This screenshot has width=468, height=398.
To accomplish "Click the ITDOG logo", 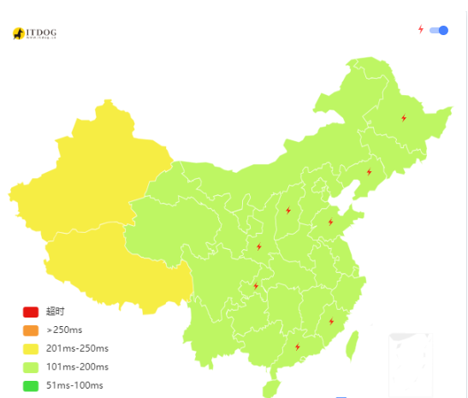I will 35,33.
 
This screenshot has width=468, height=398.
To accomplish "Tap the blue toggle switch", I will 439,30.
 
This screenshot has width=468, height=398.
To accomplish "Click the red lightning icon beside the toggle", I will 420,29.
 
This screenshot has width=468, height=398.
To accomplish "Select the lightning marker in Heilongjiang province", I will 403,118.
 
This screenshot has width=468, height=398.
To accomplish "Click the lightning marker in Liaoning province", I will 369,172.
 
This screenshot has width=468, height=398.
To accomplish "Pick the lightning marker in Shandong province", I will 330,223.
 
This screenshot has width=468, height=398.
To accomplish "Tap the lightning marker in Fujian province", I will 331,322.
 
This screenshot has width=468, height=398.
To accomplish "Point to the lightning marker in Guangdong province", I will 297,347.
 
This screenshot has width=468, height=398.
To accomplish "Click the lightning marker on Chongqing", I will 255,286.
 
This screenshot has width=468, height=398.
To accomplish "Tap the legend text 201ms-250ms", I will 77,348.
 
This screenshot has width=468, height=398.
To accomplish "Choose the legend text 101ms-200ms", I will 77,367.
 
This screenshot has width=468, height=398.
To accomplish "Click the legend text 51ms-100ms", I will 74,385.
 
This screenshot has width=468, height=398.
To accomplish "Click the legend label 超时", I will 55,312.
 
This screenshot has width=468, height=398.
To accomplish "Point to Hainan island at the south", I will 269,387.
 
